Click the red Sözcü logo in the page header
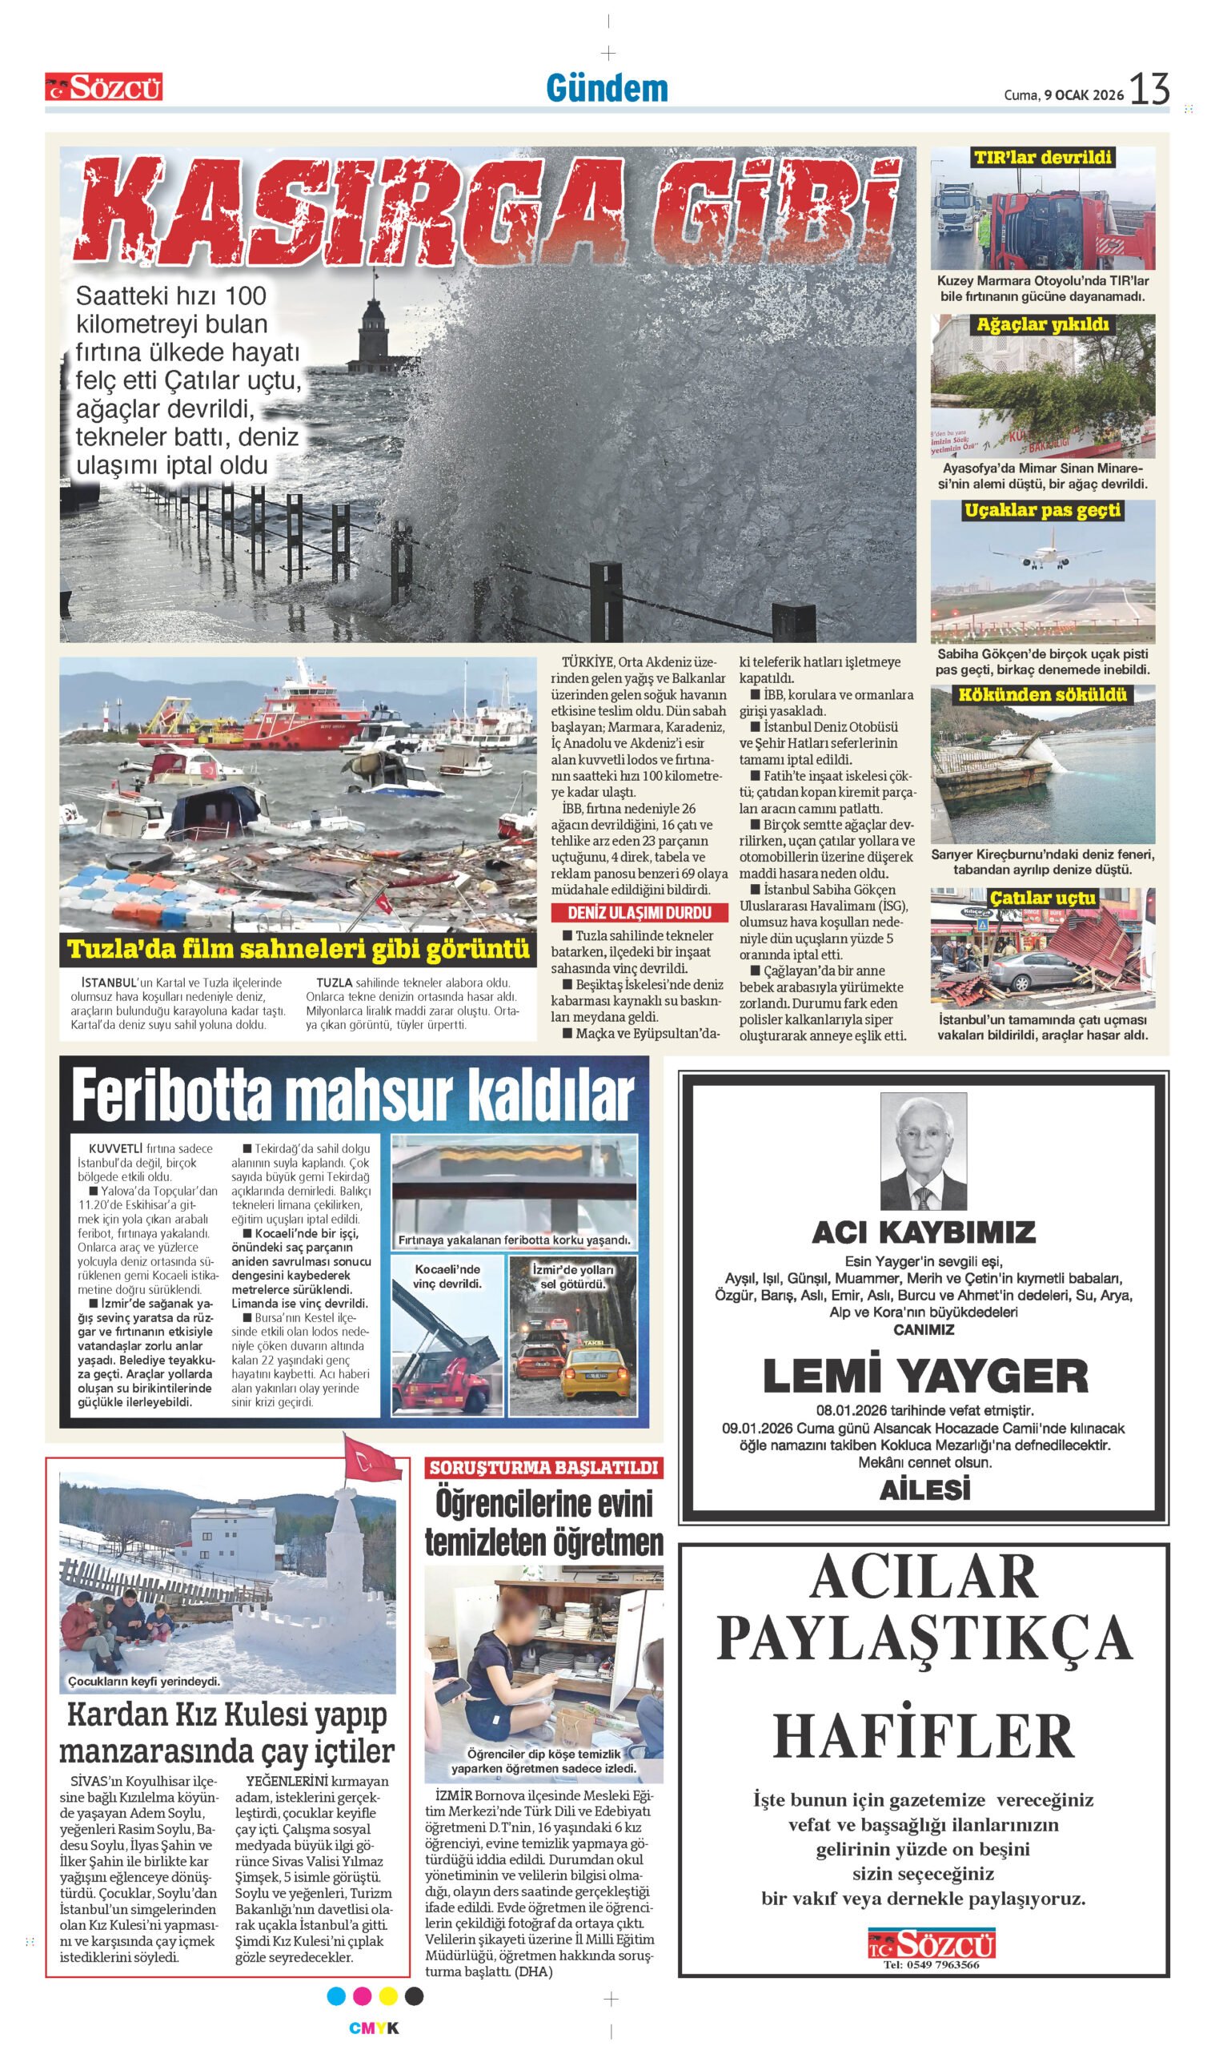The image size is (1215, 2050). tap(104, 86)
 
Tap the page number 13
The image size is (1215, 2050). tap(1150, 88)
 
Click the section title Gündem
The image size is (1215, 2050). tap(607, 88)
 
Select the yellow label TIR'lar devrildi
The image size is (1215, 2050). tap(1042, 157)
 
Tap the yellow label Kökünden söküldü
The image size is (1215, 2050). tap(1042, 694)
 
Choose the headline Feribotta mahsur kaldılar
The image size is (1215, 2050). tap(353, 1095)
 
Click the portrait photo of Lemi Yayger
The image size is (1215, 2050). tap(923, 1152)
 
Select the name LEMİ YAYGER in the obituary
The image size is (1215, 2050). tap(925, 1375)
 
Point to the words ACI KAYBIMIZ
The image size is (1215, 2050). tap(924, 1233)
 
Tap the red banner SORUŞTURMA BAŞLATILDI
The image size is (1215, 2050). tap(543, 1467)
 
